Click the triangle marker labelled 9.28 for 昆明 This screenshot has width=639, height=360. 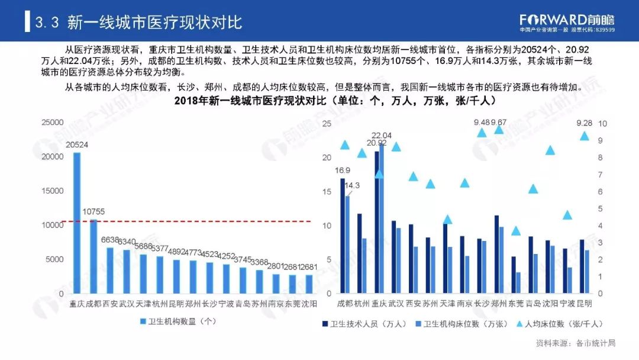[x=585, y=136]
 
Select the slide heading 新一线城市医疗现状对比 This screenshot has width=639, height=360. [x=155, y=22]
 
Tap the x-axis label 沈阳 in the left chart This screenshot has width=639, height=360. [x=309, y=304]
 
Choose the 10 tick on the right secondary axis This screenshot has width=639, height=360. [x=603, y=124]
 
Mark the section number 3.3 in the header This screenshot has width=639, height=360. [x=47, y=22]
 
